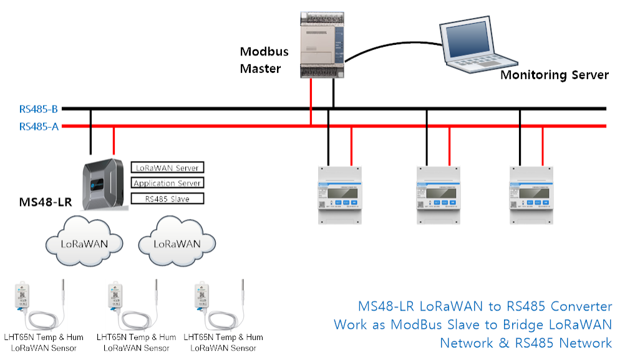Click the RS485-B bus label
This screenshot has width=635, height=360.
tap(39, 109)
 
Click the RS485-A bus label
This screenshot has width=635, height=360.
tap(39, 127)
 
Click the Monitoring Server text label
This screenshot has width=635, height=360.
tap(555, 75)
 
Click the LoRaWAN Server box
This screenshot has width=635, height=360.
tap(167, 167)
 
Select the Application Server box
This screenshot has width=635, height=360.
tap(167, 183)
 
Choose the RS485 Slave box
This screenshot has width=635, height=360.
tap(167, 199)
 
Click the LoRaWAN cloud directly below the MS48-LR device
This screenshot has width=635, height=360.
tap(84, 243)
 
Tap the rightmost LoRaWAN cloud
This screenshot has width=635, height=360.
tap(177, 243)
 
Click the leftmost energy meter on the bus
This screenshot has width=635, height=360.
tap(339, 195)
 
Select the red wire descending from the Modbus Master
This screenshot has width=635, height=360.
tap(311, 103)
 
